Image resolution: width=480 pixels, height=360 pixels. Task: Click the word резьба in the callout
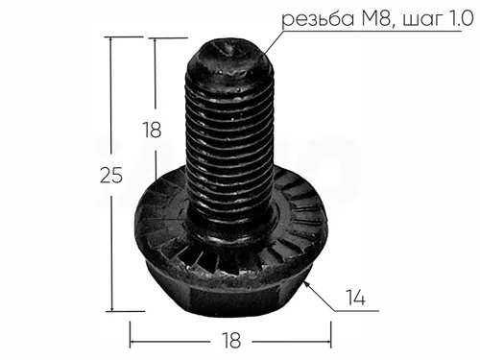tap(318, 19)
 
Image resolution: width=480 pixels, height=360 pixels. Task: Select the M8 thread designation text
tap(377, 19)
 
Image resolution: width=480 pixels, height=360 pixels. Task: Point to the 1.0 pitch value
tap(459, 19)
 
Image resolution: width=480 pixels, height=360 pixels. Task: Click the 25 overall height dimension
tap(111, 176)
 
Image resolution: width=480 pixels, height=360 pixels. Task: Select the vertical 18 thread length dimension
tap(152, 130)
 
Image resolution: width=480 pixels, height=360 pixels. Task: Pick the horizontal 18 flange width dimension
tap(231, 341)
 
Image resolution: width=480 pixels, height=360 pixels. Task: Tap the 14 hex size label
tap(355, 298)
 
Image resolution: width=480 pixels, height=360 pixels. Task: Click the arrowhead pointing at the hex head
tap(307, 284)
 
